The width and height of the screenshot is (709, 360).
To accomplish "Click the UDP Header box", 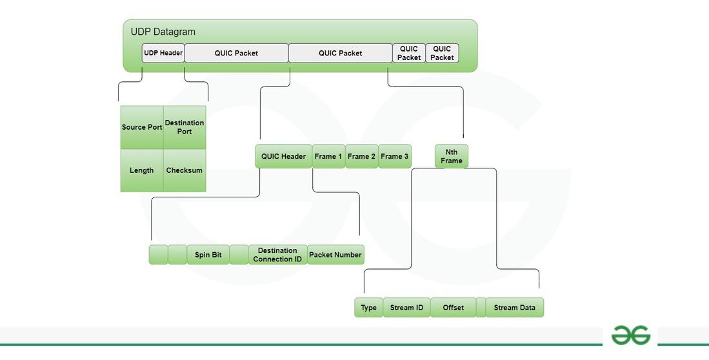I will [x=163, y=53].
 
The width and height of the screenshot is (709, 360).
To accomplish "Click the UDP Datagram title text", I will [x=163, y=32].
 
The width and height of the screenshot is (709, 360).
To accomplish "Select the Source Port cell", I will [x=142, y=127].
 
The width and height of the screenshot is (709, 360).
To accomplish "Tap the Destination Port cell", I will [x=185, y=127].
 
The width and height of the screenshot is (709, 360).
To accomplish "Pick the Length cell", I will [x=142, y=170].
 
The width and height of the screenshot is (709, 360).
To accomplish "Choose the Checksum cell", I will [x=185, y=170].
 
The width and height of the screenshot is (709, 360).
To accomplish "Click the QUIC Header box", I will [x=283, y=156].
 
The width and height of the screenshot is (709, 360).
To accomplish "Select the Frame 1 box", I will [x=328, y=156].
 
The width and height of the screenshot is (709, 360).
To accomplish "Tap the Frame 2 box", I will [x=361, y=156].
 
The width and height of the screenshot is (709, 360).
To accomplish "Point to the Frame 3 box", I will [x=394, y=156].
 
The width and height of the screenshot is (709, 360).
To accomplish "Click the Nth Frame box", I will [x=452, y=156].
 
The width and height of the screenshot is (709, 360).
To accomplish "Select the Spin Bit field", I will [x=208, y=255].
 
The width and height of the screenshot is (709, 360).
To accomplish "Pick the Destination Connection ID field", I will [x=277, y=255].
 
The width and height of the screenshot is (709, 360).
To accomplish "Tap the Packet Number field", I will [x=335, y=255].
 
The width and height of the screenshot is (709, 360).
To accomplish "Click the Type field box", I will [x=368, y=308].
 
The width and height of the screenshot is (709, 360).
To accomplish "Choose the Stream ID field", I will [x=406, y=308].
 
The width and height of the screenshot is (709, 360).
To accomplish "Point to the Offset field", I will [x=453, y=308].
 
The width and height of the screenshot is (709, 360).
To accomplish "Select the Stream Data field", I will [x=515, y=308].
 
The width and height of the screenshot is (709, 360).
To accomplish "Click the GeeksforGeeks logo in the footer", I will [x=630, y=335].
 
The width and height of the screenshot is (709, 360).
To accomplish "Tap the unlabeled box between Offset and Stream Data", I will [x=481, y=308].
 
